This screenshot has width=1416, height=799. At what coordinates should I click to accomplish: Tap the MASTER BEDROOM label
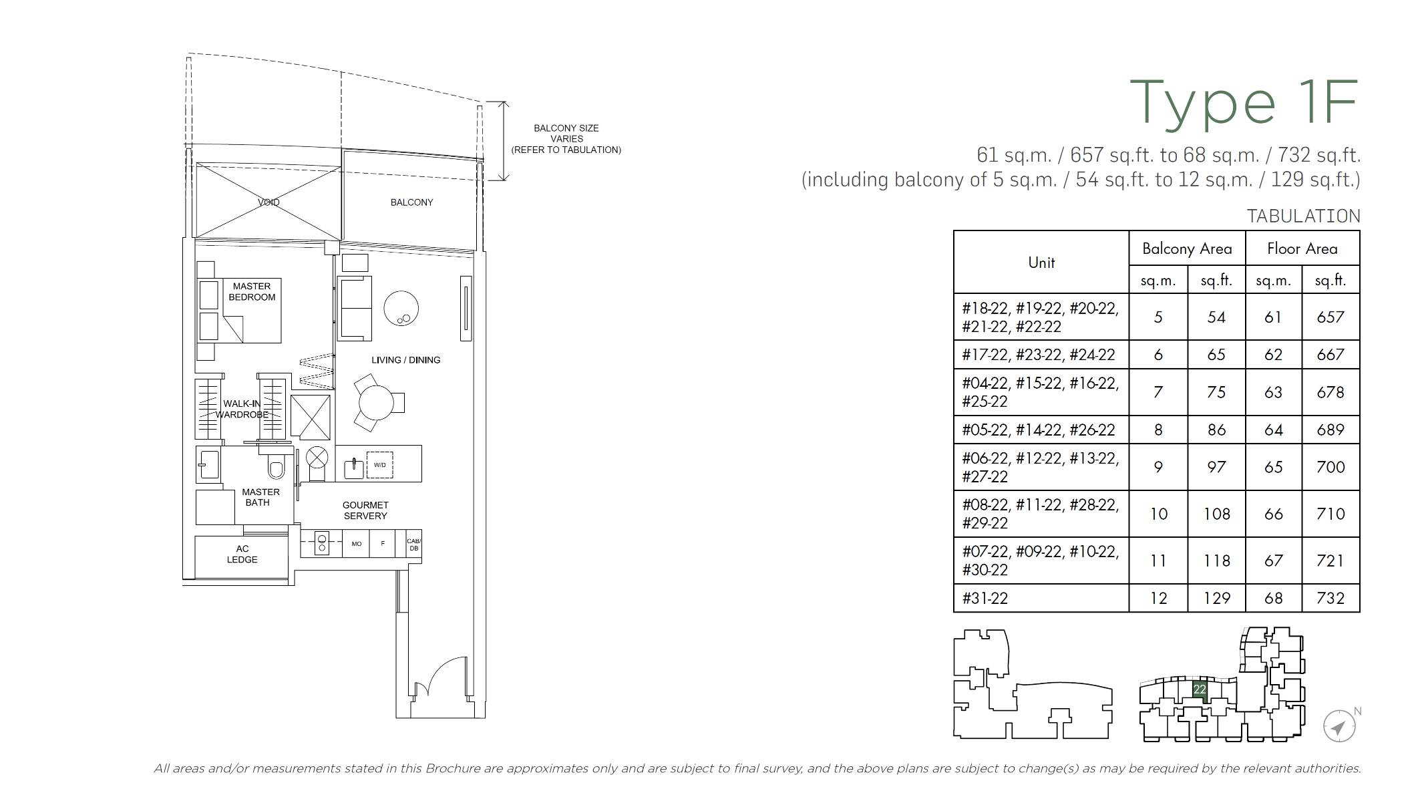point(252,292)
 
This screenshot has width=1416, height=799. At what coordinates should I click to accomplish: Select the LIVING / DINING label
point(406,360)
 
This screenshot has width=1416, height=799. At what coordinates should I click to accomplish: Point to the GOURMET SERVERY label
point(365,510)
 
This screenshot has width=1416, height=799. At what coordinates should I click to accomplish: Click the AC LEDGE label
point(242,554)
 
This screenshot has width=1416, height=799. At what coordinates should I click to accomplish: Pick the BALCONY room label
point(411,202)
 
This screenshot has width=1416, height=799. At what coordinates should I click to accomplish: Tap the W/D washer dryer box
point(379,465)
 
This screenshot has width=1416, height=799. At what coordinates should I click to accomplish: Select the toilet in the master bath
point(276,464)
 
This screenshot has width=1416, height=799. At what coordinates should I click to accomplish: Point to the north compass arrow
point(1339,727)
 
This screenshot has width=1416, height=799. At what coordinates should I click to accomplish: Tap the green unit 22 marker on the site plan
point(1200,689)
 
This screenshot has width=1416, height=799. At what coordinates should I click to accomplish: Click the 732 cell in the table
point(1331,599)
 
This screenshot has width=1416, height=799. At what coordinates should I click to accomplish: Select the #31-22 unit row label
point(985,599)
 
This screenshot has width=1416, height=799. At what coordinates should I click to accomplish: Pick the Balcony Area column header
point(1187,249)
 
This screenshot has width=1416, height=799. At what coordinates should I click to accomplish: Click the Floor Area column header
point(1302,249)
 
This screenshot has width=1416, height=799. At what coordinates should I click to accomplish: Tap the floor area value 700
point(1331,468)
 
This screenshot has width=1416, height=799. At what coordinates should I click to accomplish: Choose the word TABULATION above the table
point(1303,216)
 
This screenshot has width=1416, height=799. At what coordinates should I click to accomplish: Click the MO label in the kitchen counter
point(357,544)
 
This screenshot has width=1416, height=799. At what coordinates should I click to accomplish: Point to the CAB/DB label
point(414,544)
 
